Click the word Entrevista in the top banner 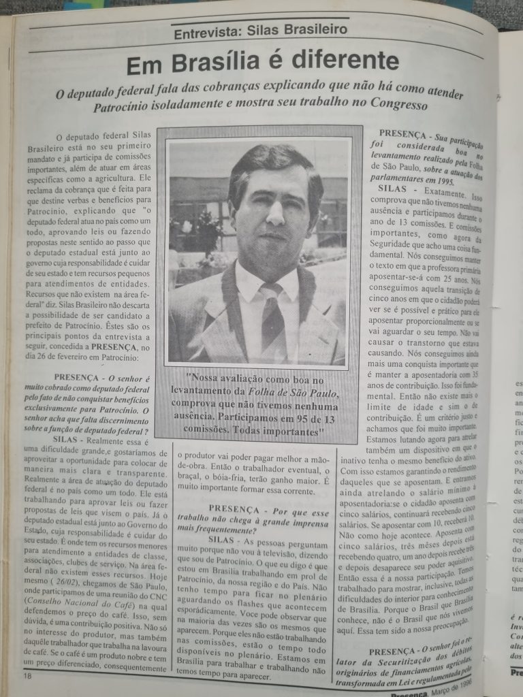pyautogui.click(x=206, y=31)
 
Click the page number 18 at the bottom pyautogui.click(x=27, y=675)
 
